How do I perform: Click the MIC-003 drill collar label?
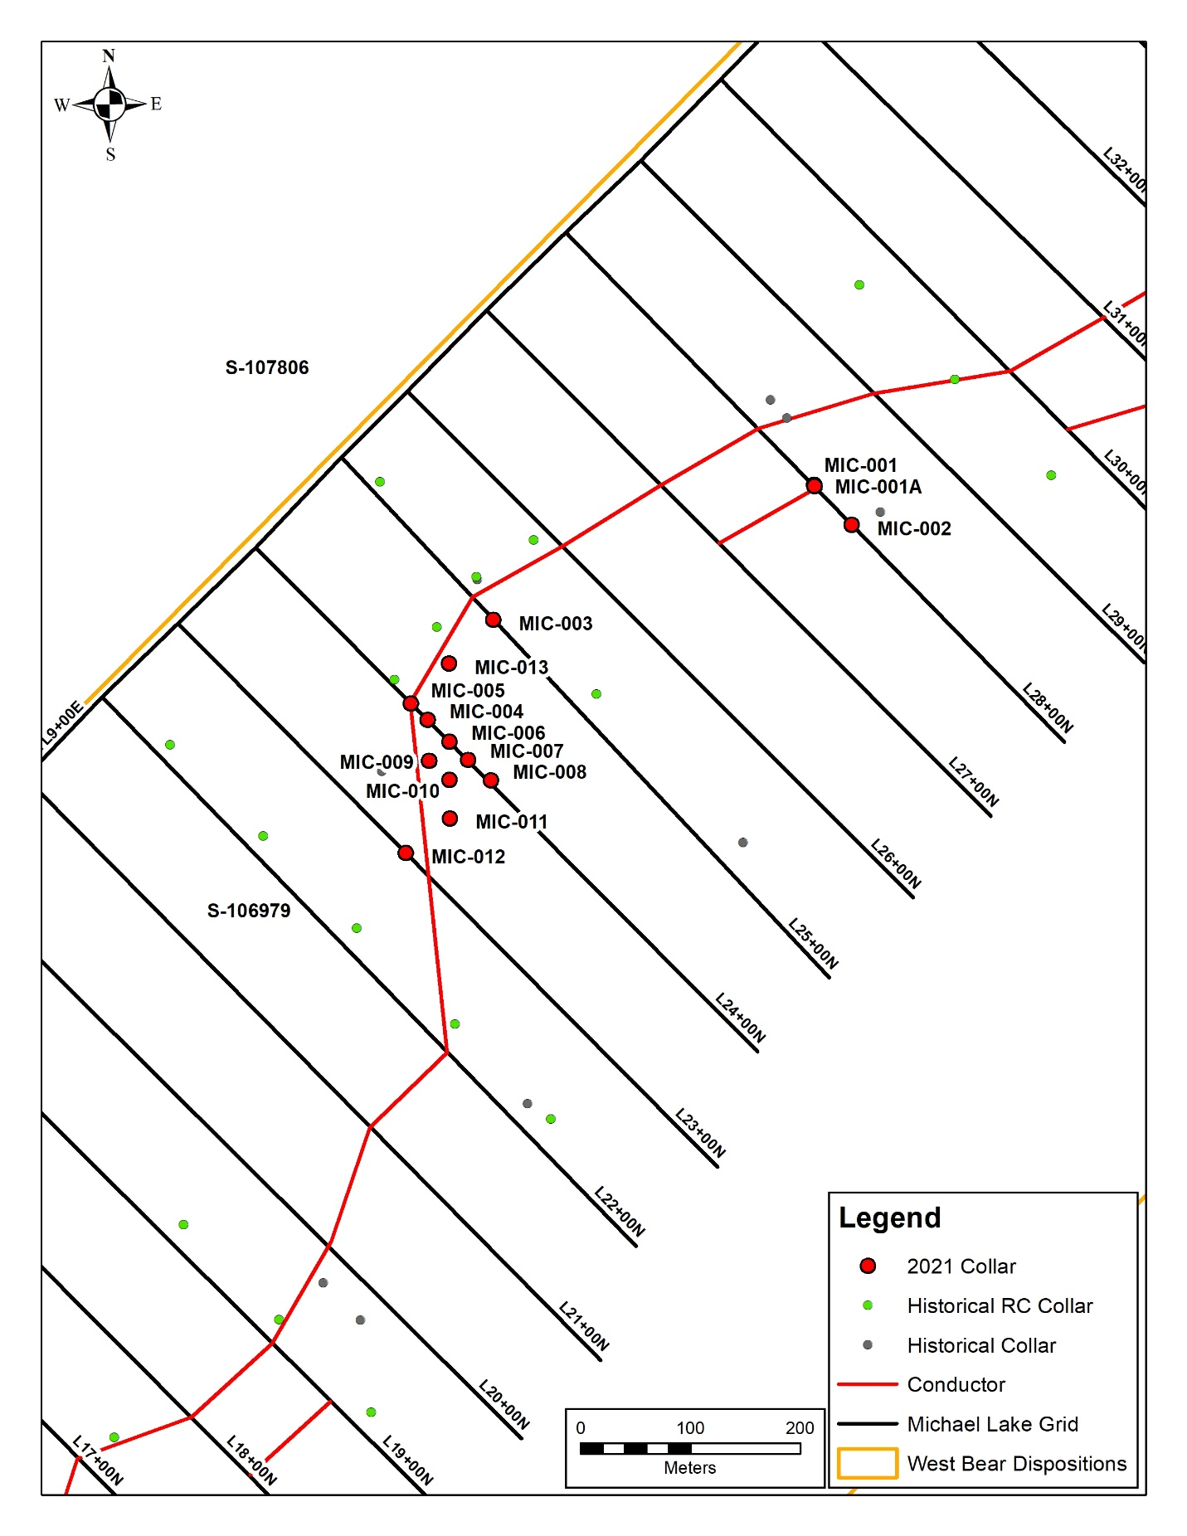(x=555, y=624)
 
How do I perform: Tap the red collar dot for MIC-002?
(x=851, y=525)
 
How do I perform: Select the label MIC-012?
(x=468, y=857)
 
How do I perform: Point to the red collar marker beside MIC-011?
(x=450, y=819)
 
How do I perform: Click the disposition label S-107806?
(x=267, y=367)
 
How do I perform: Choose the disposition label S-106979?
(x=249, y=911)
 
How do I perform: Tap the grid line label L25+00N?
(x=813, y=944)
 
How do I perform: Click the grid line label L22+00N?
(x=620, y=1212)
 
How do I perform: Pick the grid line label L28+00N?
(x=1048, y=708)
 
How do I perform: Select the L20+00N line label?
(x=504, y=1404)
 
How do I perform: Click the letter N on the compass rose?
(x=109, y=56)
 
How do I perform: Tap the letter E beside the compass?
(x=156, y=104)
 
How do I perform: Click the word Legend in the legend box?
(x=889, y=1218)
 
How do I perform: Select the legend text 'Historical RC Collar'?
(x=1000, y=1306)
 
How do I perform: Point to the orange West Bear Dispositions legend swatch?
(x=867, y=1463)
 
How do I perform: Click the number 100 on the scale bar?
(x=690, y=1428)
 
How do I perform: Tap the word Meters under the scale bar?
(x=689, y=1468)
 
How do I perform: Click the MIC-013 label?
(x=511, y=668)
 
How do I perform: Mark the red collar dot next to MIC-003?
(x=493, y=620)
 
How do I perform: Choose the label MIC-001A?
(x=878, y=487)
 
